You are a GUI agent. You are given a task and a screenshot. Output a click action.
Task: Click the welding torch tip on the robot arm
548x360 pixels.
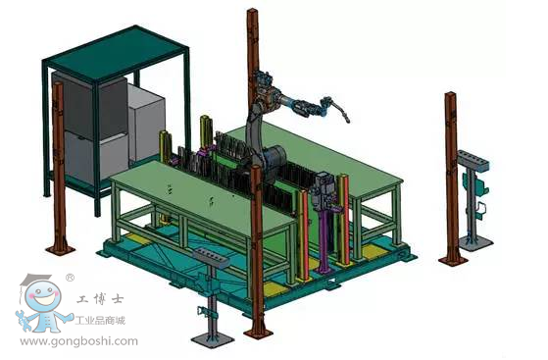(x=347, y=121)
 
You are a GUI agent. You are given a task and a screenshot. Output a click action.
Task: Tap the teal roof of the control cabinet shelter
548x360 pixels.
(x=117, y=53)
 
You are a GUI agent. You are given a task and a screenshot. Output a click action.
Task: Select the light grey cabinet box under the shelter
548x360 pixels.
(x=147, y=123)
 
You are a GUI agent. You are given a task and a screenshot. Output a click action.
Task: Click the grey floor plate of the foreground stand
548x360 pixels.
(x=213, y=338)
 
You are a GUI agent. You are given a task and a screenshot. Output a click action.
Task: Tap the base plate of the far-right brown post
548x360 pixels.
(x=453, y=260)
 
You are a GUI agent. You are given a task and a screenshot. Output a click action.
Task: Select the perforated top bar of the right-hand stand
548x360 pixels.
(x=473, y=161)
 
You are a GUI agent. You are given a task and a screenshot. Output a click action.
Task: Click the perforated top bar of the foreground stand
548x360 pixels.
(x=211, y=257)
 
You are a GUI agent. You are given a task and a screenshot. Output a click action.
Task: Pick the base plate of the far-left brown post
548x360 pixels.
(x=60, y=249)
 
